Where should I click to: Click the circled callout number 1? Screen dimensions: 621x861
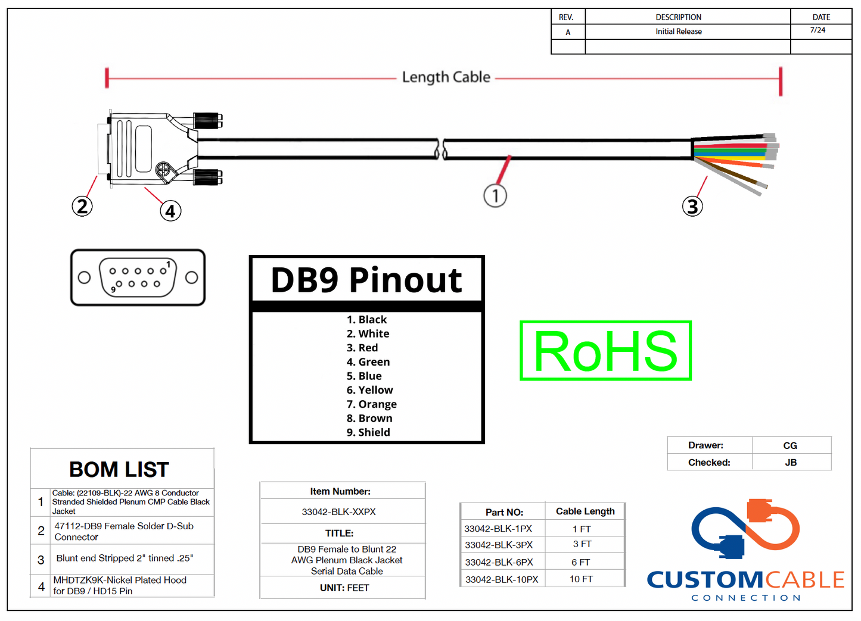tap(495, 195)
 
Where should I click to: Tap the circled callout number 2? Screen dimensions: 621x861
tap(82, 207)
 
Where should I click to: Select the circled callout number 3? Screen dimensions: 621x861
tap(692, 207)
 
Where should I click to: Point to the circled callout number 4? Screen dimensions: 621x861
tap(170, 211)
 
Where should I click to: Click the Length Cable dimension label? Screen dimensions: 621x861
tap(446, 77)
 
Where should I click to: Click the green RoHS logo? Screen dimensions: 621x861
tap(605, 351)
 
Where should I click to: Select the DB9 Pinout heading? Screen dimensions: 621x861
tap(366, 280)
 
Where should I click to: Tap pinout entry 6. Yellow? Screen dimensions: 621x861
tap(369, 390)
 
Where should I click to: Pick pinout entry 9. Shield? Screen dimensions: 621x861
tap(368, 432)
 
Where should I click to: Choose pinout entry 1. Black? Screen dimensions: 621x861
tap(366, 320)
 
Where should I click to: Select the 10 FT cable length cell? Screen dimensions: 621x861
tap(581, 579)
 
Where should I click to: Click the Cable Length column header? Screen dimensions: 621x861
tap(585, 511)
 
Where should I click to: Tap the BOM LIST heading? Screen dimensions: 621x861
tap(119, 469)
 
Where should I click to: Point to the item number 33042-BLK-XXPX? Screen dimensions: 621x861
tap(338, 511)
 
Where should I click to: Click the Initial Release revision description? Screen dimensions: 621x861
tap(679, 32)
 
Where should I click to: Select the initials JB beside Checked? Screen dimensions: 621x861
tap(791, 462)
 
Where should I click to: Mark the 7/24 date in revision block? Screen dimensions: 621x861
tap(818, 30)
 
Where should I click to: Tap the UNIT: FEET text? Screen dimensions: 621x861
tap(344, 588)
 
